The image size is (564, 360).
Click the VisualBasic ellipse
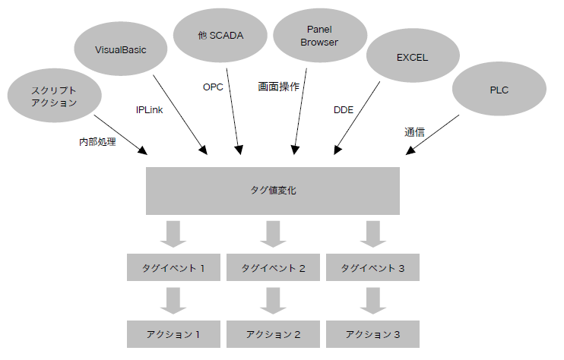click(120, 50)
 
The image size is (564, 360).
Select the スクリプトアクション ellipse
click(54, 96)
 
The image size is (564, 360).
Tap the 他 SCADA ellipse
click(220, 35)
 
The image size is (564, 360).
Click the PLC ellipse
click(499, 90)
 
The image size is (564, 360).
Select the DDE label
click(344, 110)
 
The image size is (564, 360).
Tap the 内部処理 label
click(97, 141)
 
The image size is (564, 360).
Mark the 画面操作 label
click(278, 87)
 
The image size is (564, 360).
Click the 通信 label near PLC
click(414, 132)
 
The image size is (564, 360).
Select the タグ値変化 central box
click(273, 190)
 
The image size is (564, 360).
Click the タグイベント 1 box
click(173, 268)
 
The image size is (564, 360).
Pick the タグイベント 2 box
click(273, 268)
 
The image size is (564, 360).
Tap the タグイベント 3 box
click(372, 268)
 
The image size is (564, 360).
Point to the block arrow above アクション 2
click(273, 301)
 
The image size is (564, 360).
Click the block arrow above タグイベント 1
click(173, 234)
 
